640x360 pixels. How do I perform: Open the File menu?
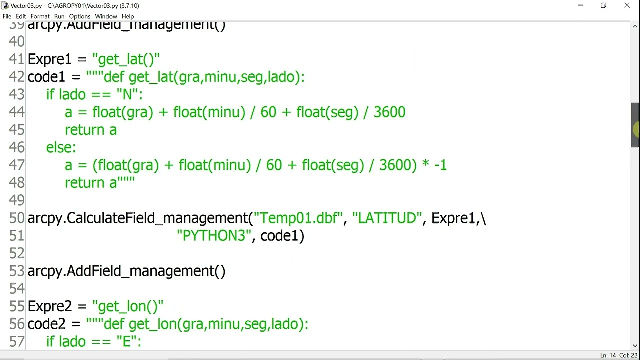[x=7, y=16]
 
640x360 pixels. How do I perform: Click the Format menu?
[x=40, y=16]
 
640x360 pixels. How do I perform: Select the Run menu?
[x=59, y=16]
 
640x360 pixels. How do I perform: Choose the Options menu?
[x=79, y=16]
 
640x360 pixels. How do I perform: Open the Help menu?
[x=128, y=16]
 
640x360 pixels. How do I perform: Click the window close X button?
[x=627, y=5]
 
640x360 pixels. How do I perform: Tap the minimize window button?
[x=580, y=5]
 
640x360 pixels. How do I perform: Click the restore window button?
[x=603, y=5]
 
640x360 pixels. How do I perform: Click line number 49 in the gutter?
[x=17, y=200]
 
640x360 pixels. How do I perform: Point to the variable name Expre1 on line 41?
[x=49, y=59]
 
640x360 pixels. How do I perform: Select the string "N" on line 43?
[x=127, y=94]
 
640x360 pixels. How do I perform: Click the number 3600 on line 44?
[x=389, y=112]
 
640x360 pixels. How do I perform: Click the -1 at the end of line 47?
[x=440, y=165]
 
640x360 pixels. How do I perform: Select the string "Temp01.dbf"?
[x=298, y=218]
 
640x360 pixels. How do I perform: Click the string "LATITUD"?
[x=387, y=218]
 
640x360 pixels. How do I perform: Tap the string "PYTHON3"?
[x=214, y=236]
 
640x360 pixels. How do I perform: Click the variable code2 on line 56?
[x=47, y=324]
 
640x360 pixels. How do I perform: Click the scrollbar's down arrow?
[x=635, y=345]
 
